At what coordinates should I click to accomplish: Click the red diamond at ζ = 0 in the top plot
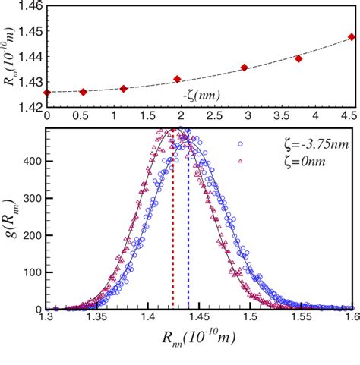pyautogui.click(x=47, y=92)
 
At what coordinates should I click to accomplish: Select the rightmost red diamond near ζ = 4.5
pyautogui.click(x=351, y=36)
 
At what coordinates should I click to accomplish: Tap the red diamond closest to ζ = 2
pyautogui.click(x=177, y=79)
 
